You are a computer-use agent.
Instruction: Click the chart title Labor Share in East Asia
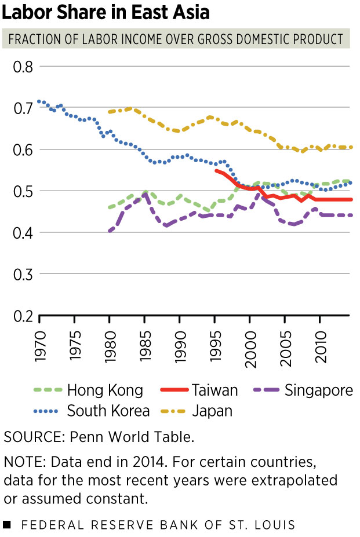coord(106,12)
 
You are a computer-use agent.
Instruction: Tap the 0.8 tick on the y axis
coord(23,67)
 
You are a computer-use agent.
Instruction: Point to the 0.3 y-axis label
coord(23,275)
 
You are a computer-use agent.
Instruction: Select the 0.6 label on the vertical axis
coord(23,149)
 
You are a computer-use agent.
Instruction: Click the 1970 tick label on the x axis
coord(40,346)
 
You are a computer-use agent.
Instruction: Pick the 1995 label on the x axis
coord(215,346)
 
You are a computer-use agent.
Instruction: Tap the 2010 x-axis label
coord(320,347)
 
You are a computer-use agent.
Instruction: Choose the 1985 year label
coord(145,346)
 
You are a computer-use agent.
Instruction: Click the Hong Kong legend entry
coord(88,390)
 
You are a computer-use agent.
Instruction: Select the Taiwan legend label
coord(199,390)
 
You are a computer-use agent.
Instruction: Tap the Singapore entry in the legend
coord(303,390)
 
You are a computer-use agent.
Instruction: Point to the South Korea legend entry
coord(92,411)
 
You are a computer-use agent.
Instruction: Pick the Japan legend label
coord(197,411)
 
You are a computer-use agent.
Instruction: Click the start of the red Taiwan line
coord(216,170)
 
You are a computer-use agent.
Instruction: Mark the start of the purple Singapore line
coord(110,231)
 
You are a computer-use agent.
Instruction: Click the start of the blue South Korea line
coord(39,101)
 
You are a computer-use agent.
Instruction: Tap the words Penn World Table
coord(132,437)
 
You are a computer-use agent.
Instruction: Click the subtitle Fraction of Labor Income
coord(176,39)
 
